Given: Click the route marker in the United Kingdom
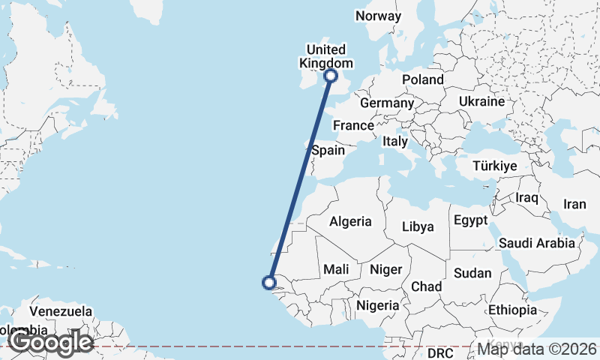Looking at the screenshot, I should point(331,75).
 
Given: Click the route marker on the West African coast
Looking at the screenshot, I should point(268,283).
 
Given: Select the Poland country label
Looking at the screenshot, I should point(422,80).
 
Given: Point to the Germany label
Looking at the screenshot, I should point(387,103).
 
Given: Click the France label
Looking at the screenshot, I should point(352,125).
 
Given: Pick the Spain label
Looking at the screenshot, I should point(328,150).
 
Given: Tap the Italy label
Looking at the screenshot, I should point(395,141).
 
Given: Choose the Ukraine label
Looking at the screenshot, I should point(482,101).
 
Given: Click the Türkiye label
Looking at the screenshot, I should point(495,166).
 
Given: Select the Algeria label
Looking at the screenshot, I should point(350,221).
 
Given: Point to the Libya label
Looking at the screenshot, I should point(418,226).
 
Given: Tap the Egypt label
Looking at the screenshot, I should point(472,220).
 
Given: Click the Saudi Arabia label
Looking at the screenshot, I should point(536,243).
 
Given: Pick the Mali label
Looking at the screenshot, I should point(336,268).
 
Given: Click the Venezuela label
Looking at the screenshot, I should point(61,311).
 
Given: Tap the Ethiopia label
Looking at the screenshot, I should point(512,310).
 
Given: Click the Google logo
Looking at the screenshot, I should point(50,342).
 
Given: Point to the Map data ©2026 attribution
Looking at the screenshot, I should point(537,348).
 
